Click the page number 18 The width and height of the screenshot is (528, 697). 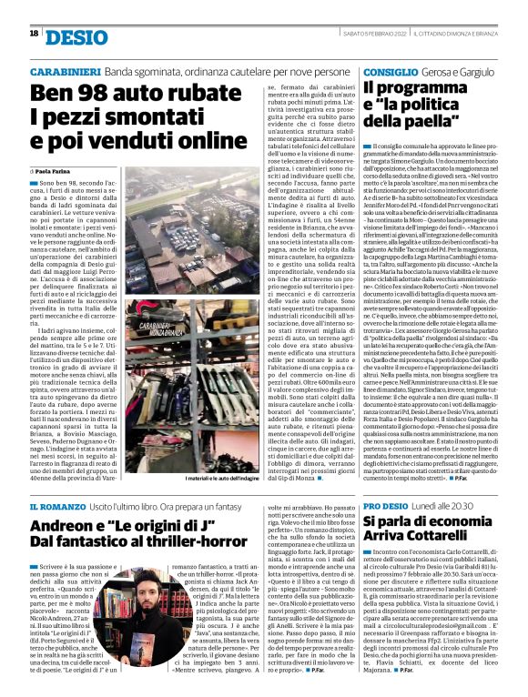(x=34, y=34)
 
